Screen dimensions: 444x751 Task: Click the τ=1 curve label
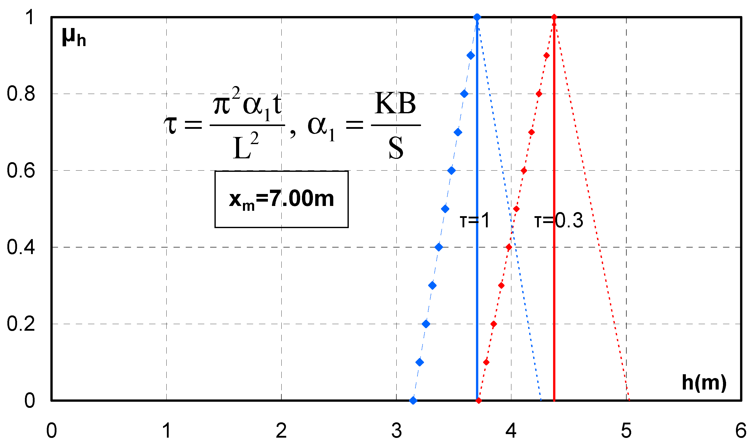tap(475, 221)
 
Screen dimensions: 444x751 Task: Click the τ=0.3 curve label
tap(558, 221)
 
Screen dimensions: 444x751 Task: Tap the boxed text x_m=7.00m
tap(281, 199)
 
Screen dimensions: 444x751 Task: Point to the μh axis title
tap(74, 37)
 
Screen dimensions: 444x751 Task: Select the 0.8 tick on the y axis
tap(21, 94)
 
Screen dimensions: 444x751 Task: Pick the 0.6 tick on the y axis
tap(21, 171)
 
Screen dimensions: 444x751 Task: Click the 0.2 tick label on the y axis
tap(21, 324)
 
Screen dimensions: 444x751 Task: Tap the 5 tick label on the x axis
tap(626, 431)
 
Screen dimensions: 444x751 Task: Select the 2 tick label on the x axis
tap(281, 431)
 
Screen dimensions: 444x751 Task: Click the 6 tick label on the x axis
tap(741, 431)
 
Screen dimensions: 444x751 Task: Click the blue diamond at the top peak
tap(477, 17)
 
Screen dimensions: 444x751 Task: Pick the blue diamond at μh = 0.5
tap(445, 209)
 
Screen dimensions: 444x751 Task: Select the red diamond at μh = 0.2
tap(494, 324)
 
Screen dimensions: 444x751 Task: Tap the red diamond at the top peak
tap(554, 17)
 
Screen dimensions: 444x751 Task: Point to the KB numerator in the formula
tap(395, 104)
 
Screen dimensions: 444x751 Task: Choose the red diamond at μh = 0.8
tap(539, 94)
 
